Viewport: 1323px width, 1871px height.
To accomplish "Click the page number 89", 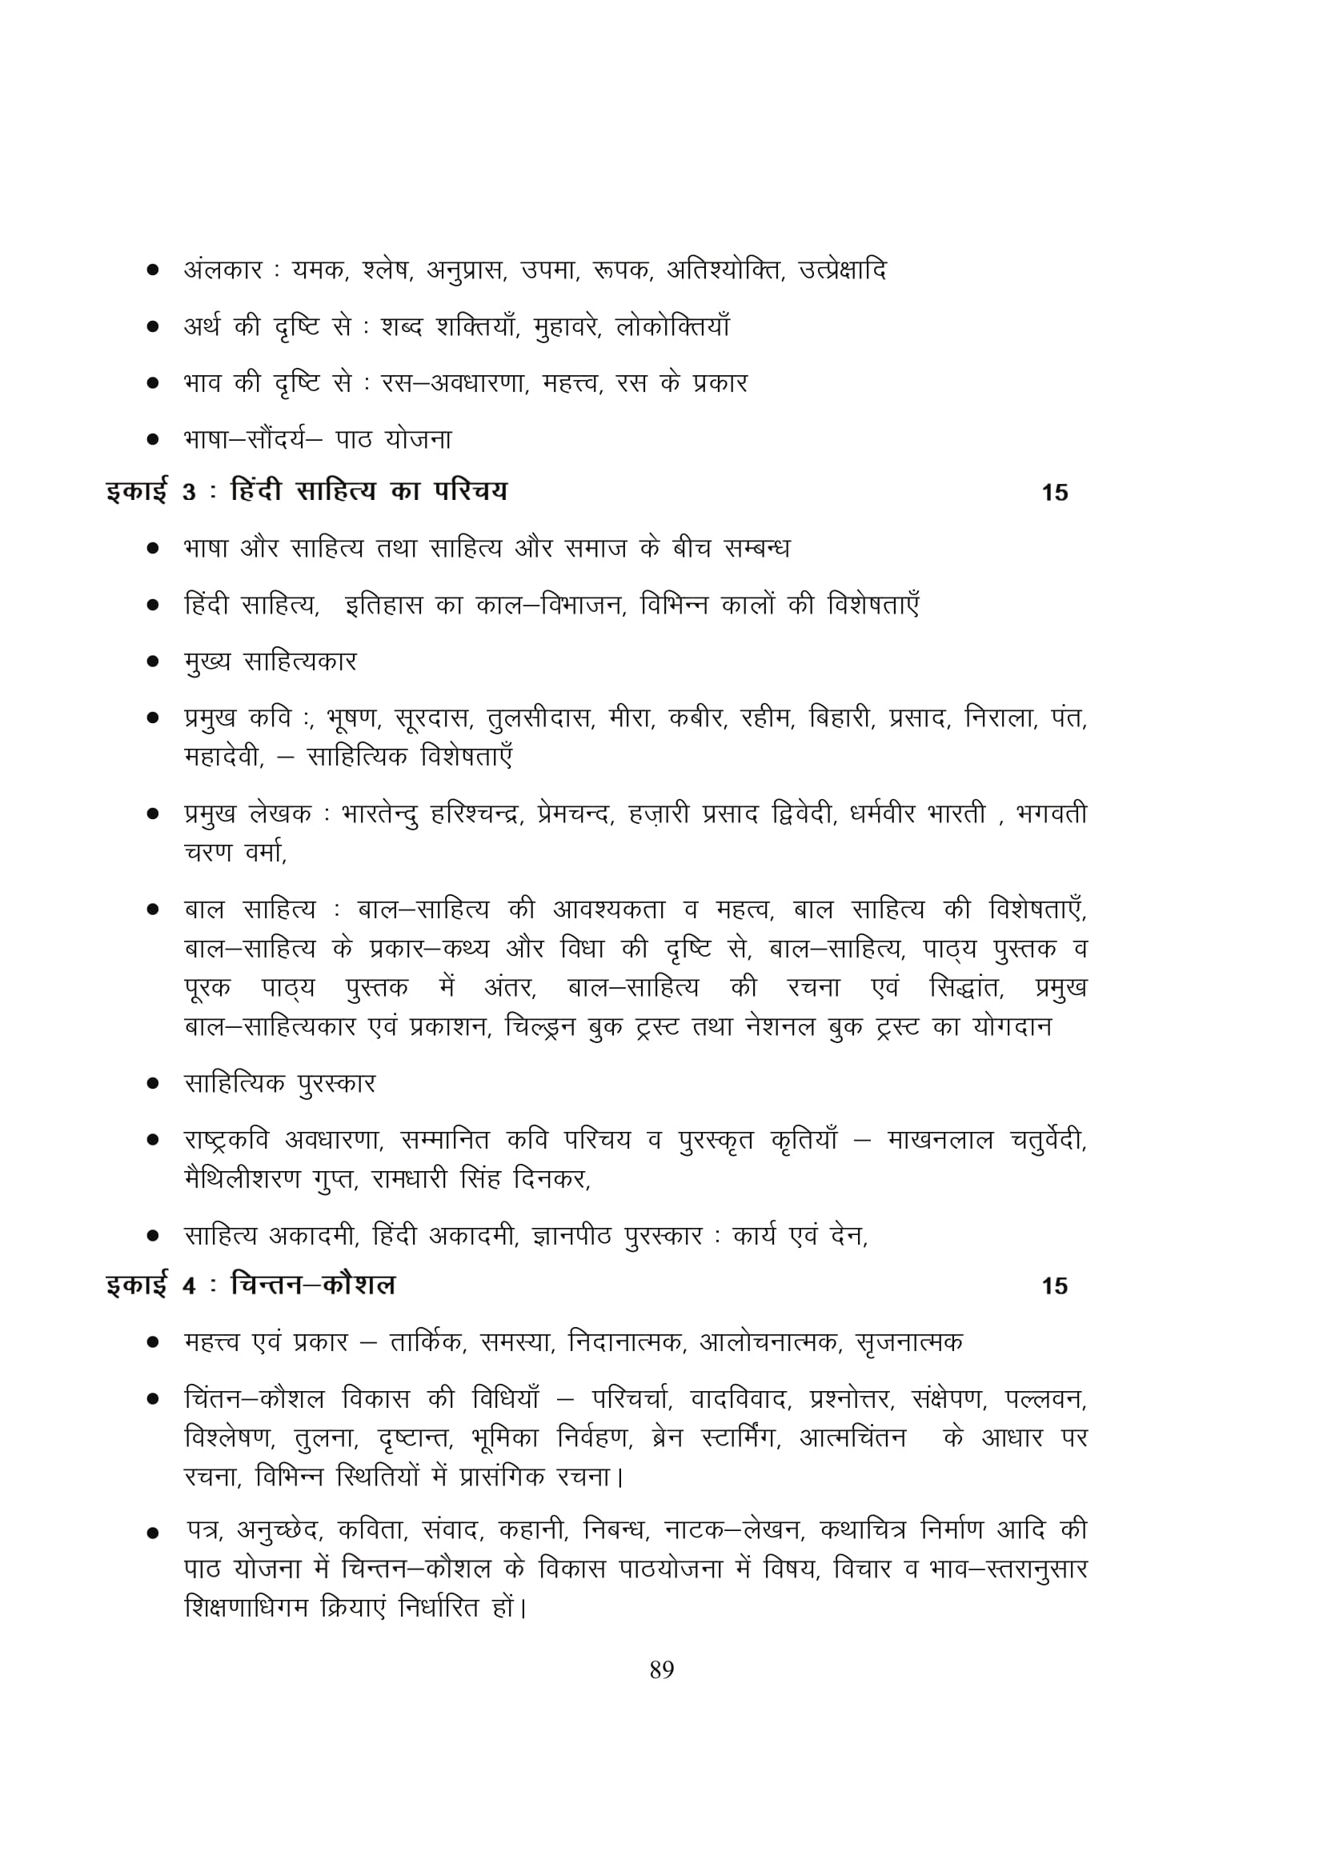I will [661, 1669].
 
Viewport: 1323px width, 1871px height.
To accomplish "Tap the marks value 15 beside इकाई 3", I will [1054, 493].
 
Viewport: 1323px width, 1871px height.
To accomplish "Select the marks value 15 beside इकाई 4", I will [1054, 1286].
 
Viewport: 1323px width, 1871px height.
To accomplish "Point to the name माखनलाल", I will [940, 1141].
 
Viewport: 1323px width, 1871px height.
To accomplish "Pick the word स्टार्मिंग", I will [740, 1438].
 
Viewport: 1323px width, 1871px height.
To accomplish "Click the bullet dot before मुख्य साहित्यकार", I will [152, 662].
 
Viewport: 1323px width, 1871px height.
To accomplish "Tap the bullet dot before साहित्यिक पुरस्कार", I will [152, 1085].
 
